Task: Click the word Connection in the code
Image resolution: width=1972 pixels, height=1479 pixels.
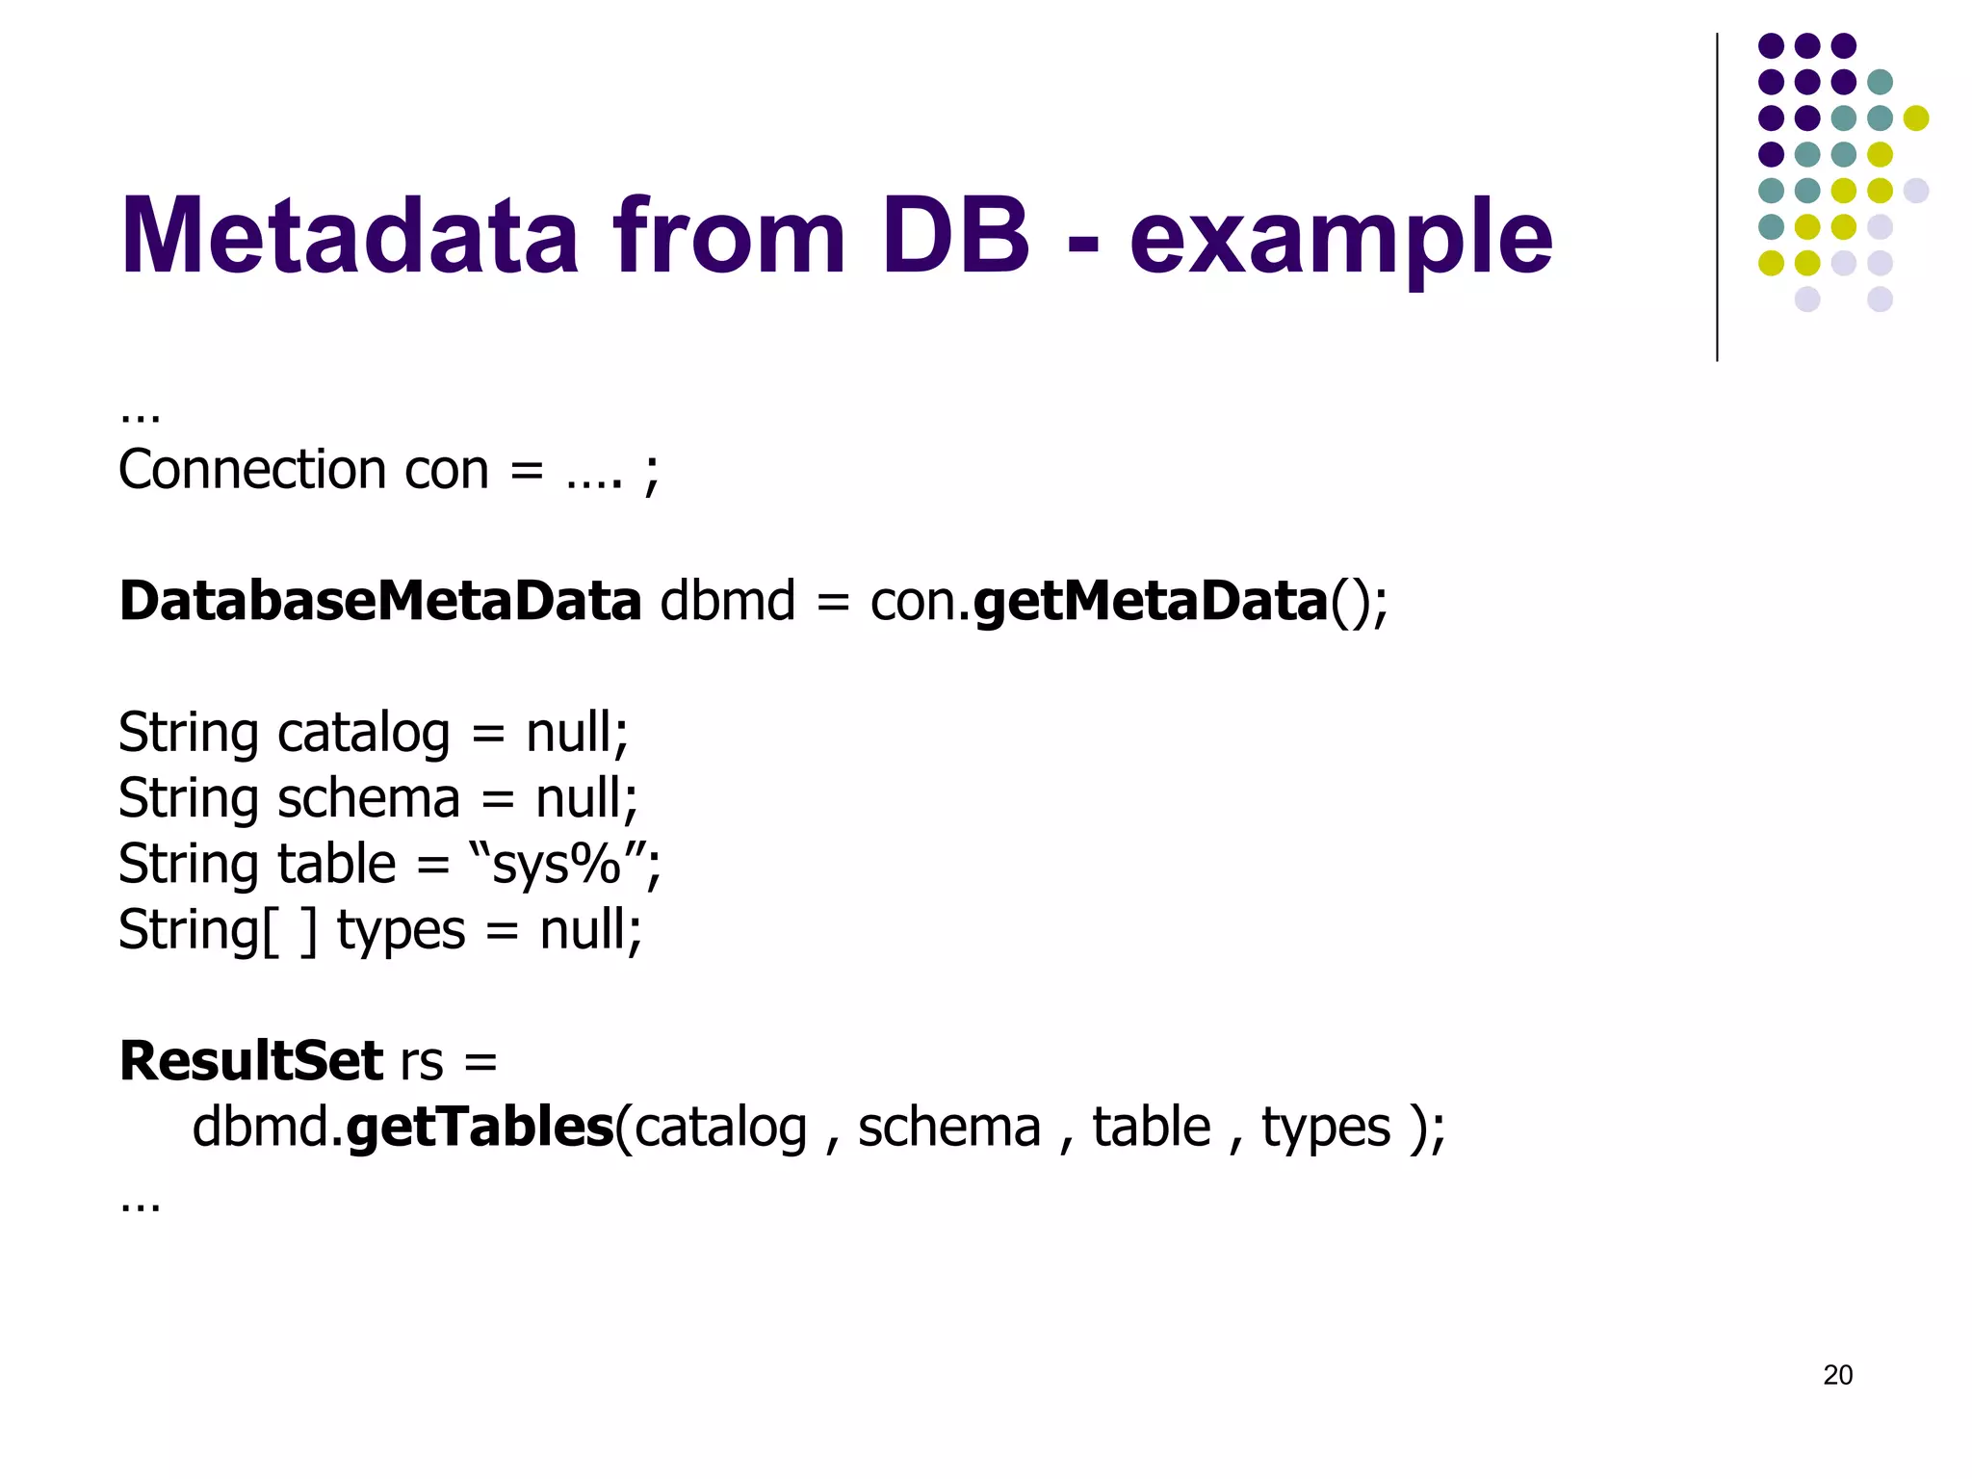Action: (250, 470)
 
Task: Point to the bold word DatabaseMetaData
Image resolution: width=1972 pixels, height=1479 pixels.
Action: (380, 601)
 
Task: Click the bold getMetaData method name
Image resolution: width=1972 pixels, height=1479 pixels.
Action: (1151, 603)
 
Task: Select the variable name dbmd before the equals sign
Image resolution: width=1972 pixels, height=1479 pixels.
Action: (727, 601)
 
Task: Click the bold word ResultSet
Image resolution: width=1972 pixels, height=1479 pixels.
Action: (251, 1061)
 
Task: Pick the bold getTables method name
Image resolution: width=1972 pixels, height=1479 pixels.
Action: (480, 1127)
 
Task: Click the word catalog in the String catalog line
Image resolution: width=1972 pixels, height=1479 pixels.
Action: (363, 734)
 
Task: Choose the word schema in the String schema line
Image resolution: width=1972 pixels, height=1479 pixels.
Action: (369, 799)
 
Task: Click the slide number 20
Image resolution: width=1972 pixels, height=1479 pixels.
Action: (1837, 1375)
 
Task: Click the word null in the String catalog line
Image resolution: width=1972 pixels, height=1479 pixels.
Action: (568, 733)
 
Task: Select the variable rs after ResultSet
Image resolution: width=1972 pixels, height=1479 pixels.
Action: (422, 1062)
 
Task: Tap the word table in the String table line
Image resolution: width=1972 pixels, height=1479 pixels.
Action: (337, 864)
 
